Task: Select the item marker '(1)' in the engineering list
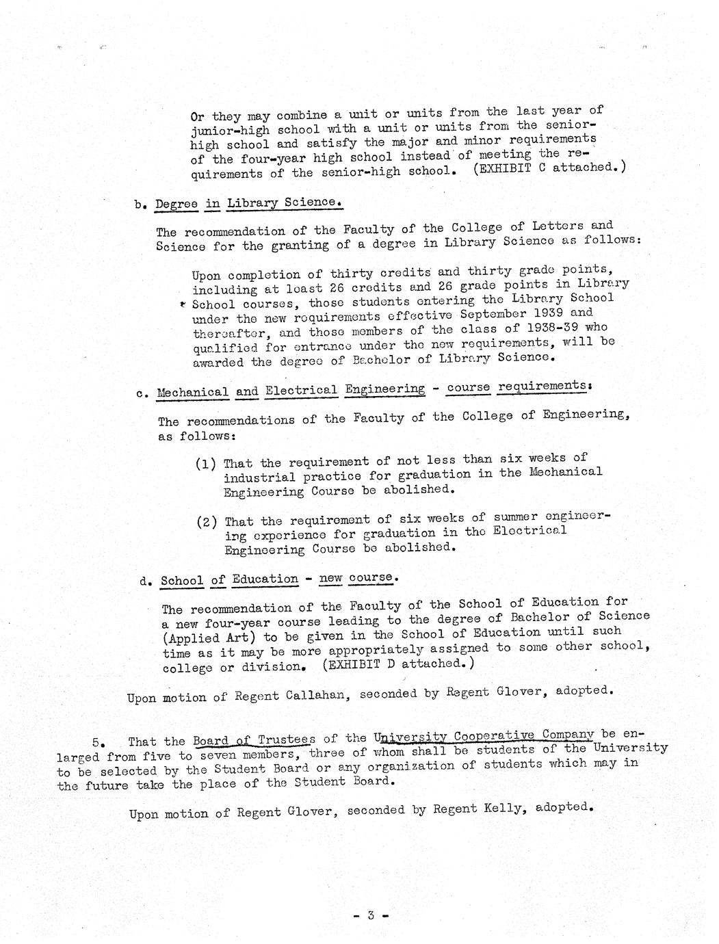(206, 464)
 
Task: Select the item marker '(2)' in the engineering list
(207, 522)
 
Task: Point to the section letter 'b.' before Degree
(142, 205)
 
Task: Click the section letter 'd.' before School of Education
(145, 581)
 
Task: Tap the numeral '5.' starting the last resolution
(98, 742)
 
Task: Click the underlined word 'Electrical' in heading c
(301, 391)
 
